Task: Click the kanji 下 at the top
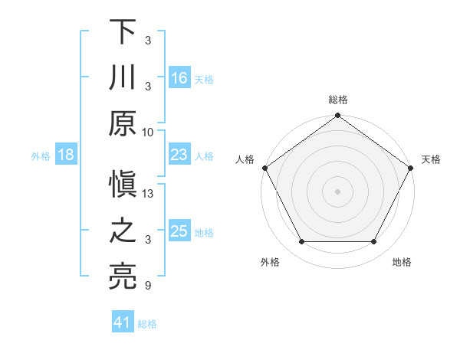(x=123, y=32)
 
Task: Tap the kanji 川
(x=123, y=77)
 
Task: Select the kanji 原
(x=123, y=123)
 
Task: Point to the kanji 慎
(x=123, y=186)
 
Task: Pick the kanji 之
(x=123, y=231)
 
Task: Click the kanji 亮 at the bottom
(x=123, y=277)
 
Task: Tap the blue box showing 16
(x=179, y=78)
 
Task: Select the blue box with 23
(x=179, y=155)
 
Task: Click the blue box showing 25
(x=179, y=231)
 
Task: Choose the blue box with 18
(x=66, y=155)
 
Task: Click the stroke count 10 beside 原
(x=148, y=132)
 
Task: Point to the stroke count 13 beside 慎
(x=149, y=195)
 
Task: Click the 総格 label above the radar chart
(x=338, y=100)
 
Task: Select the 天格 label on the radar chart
(x=431, y=159)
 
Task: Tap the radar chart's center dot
(x=338, y=191)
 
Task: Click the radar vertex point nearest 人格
(x=265, y=167)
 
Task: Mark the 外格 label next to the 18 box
(x=41, y=156)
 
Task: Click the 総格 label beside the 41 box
(x=147, y=324)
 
